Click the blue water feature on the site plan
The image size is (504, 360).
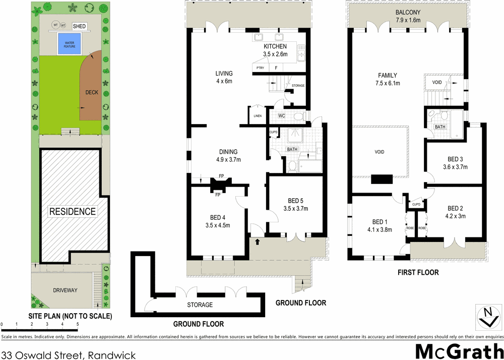click(x=69, y=43)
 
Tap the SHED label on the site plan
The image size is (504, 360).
click(x=79, y=26)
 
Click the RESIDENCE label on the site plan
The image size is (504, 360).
click(x=72, y=211)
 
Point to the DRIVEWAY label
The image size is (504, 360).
click(x=66, y=290)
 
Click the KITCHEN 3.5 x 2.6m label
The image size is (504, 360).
click(x=275, y=50)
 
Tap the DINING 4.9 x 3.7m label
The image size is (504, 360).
click(x=228, y=156)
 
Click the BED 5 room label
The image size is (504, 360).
click(x=295, y=205)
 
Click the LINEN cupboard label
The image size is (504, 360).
click(x=258, y=115)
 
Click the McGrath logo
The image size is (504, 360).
click(x=458, y=351)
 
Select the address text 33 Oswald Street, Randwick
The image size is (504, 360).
click(x=69, y=355)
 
